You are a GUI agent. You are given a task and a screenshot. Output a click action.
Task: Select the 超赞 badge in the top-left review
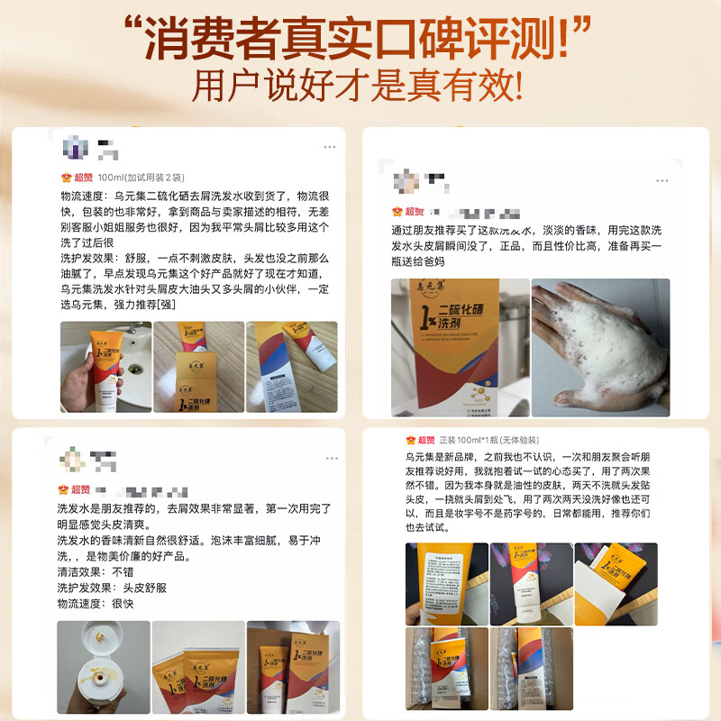pos(77,178)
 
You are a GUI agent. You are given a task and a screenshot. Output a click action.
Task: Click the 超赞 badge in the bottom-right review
pos(420,440)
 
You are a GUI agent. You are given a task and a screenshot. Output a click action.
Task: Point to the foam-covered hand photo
pos(600,347)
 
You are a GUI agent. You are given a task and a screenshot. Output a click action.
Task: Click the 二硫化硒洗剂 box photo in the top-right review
pos(460,347)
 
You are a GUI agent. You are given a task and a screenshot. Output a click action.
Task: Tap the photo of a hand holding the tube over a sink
pos(103,368)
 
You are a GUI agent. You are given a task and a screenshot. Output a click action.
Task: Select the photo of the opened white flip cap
pos(102,665)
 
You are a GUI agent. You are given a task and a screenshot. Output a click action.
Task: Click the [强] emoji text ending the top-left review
pos(169,306)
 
